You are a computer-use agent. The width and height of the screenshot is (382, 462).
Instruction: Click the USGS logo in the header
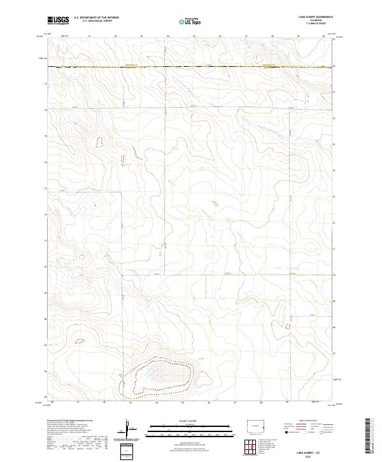point(58,21)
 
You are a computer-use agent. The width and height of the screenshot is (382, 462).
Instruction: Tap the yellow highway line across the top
point(191,66)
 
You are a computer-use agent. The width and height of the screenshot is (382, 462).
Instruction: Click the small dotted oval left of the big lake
point(80,342)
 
